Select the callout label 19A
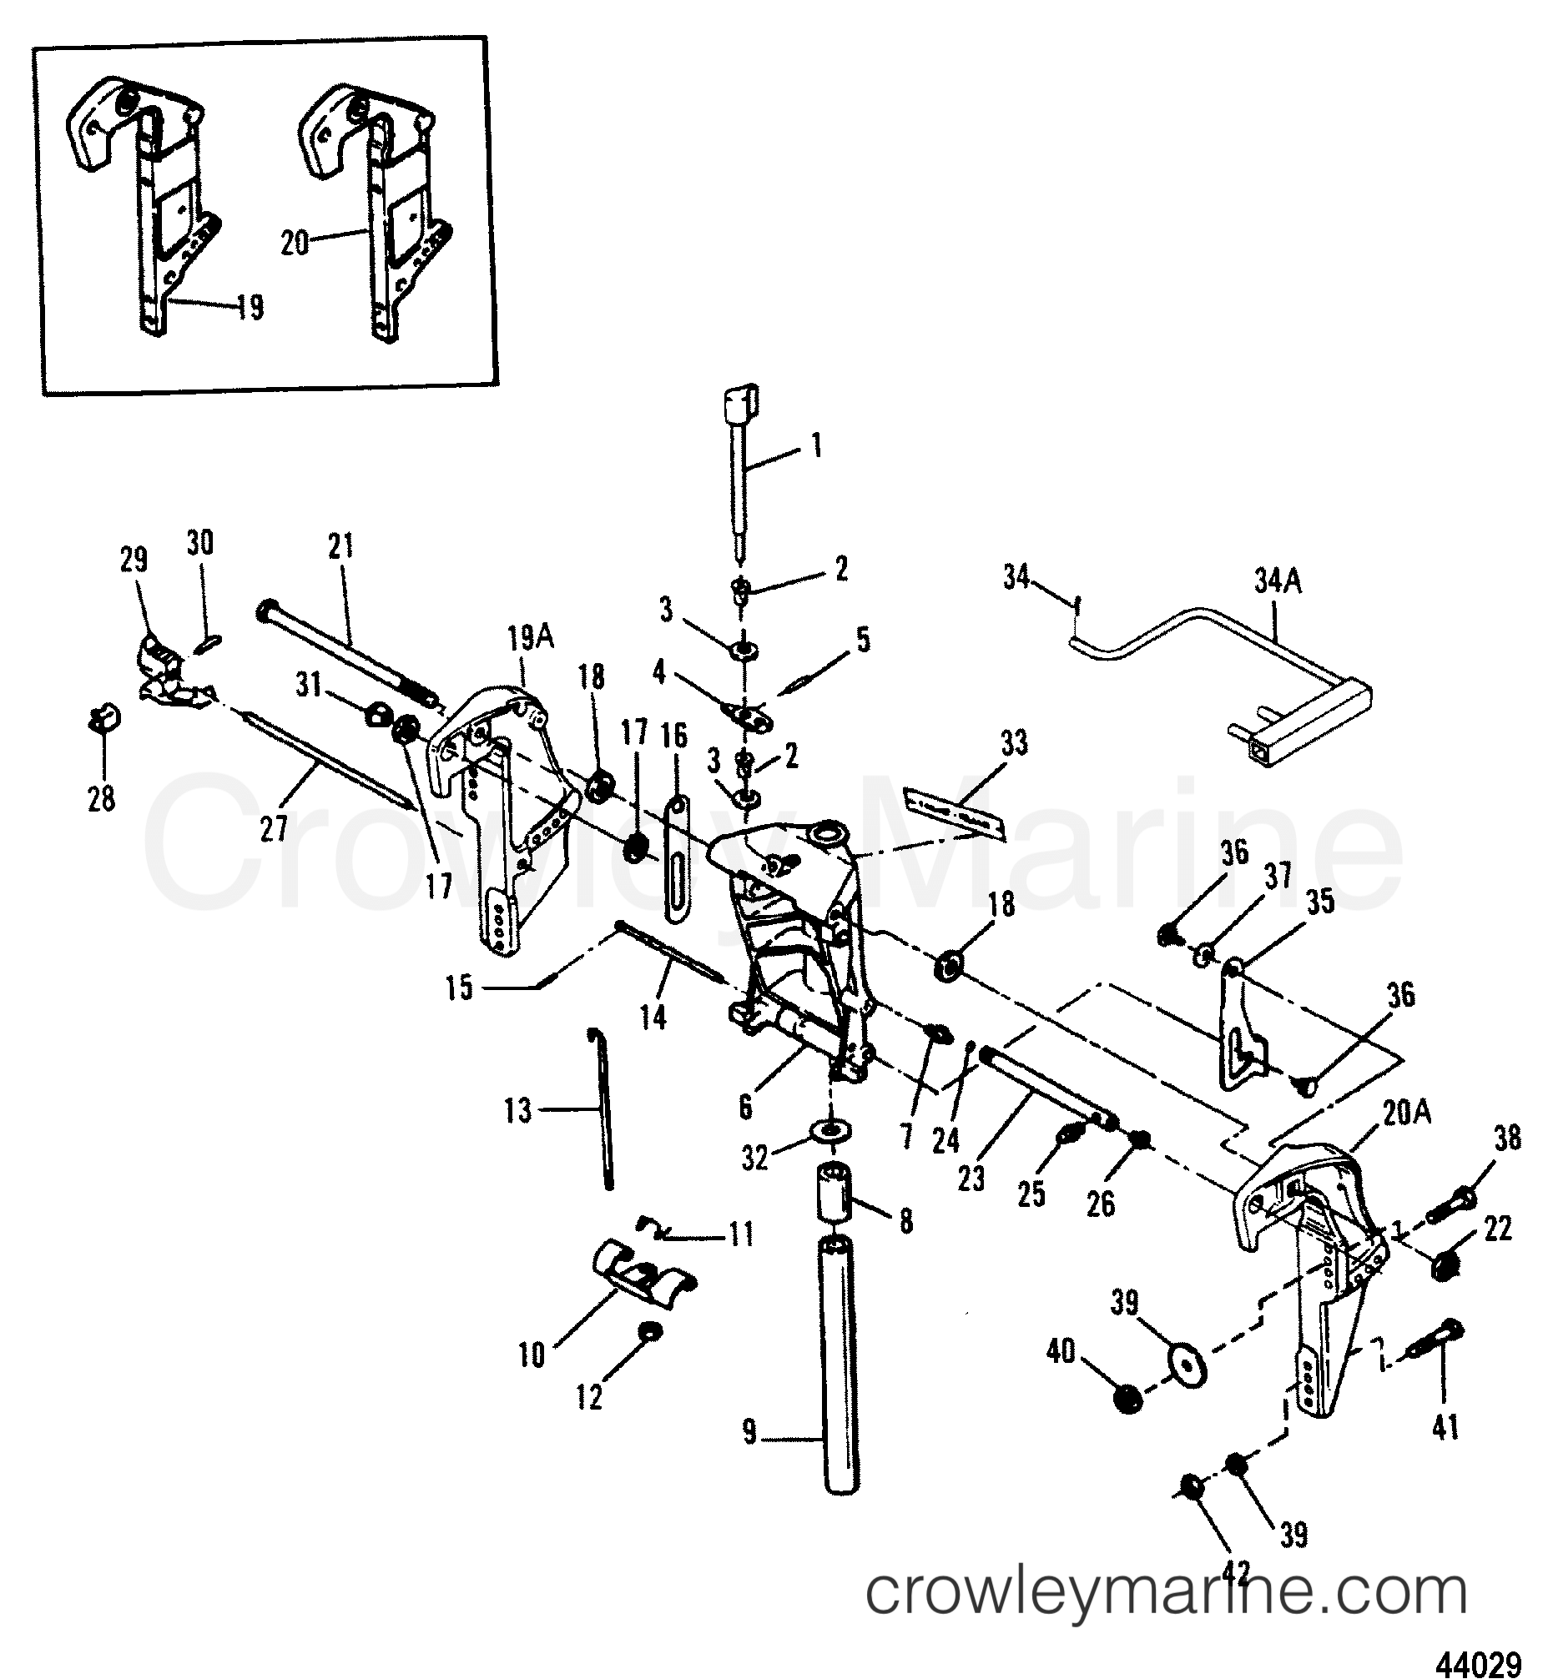[523, 641]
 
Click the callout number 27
[274, 829]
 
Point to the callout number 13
[518, 1111]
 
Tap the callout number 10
[532, 1355]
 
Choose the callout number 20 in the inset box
[295, 244]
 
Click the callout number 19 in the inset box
[250, 307]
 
